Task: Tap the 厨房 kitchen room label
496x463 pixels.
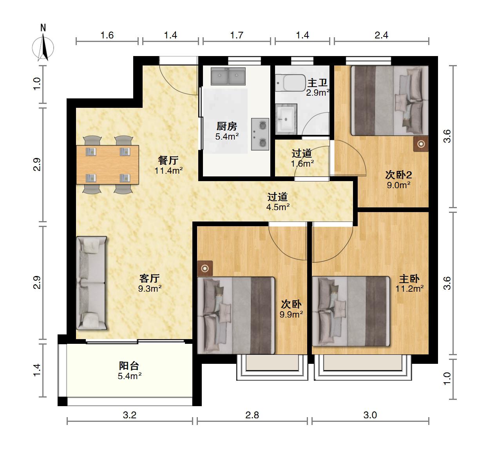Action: [227, 126]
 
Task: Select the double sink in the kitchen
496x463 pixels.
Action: [228, 76]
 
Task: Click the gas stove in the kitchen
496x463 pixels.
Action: [260, 134]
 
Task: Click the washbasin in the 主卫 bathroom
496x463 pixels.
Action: [286, 119]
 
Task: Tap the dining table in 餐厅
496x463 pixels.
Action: [107, 165]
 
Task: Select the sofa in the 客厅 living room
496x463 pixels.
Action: [92, 283]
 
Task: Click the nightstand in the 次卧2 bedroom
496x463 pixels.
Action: [421, 144]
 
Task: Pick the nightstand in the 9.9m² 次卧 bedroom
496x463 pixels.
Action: [205, 269]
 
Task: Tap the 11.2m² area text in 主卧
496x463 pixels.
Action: [409, 289]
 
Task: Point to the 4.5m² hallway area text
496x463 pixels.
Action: [278, 207]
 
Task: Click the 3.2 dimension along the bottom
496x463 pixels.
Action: [130, 415]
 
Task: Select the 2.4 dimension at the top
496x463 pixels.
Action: [381, 35]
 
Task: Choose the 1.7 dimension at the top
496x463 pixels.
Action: [237, 35]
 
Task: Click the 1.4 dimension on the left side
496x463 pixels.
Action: [37, 370]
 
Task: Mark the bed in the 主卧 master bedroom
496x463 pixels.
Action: [351, 311]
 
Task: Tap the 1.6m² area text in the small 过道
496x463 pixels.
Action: [302, 163]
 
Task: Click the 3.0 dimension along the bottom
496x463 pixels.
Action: [370, 415]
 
